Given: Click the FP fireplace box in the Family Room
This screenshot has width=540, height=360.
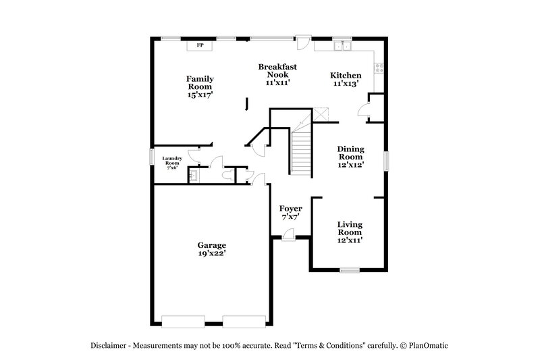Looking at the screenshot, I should pos(200,45).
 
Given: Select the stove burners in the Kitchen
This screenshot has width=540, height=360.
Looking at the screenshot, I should pos(379,67).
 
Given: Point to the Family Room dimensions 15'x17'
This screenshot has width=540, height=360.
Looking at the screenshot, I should pos(200,95).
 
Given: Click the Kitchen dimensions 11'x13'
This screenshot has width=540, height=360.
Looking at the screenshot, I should pos(345,84).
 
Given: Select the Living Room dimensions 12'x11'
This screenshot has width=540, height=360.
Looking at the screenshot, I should pos(350,240).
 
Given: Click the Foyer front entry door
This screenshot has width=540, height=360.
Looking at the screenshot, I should pos(288,233).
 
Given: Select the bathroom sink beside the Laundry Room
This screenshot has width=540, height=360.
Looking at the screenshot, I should pos(194,175).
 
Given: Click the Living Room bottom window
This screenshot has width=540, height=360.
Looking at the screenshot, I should pos(350,271).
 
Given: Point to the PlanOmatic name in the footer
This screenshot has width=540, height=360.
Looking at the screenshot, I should pos(427,345).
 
